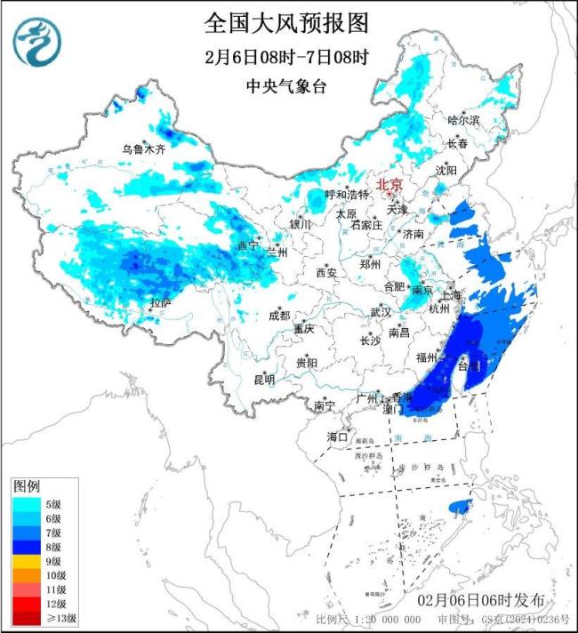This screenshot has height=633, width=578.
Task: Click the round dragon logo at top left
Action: [x=36, y=44]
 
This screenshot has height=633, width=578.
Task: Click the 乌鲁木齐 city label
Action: [x=144, y=149]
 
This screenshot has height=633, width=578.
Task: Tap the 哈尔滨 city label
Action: [x=463, y=119]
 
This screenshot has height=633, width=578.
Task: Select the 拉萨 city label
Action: [x=160, y=303]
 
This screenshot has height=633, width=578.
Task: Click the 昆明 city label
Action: [x=264, y=380]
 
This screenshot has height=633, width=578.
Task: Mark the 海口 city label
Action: [x=337, y=437]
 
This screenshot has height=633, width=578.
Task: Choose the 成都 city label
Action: [x=279, y=316]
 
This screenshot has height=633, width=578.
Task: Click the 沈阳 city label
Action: [x=446, y=169]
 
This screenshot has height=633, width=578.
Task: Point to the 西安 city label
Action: [x=326, y=274]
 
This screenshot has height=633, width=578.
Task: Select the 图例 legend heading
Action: [x=26, y=487]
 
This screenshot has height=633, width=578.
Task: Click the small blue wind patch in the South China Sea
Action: [x=460, y=506]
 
